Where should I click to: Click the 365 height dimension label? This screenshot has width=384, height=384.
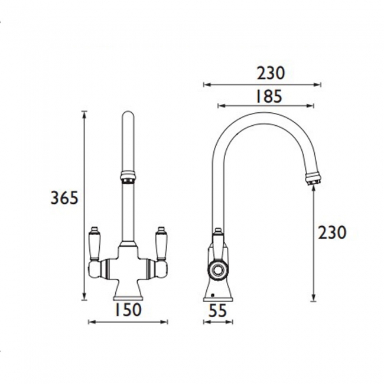64,198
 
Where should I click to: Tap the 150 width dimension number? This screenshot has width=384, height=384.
127,309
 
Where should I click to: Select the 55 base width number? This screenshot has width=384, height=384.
217,309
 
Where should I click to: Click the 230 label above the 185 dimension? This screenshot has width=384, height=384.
271,73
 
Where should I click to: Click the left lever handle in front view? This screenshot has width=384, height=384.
95,242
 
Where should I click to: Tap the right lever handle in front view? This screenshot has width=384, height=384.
160,242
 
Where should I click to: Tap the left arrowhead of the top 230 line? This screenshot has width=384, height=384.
206,84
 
